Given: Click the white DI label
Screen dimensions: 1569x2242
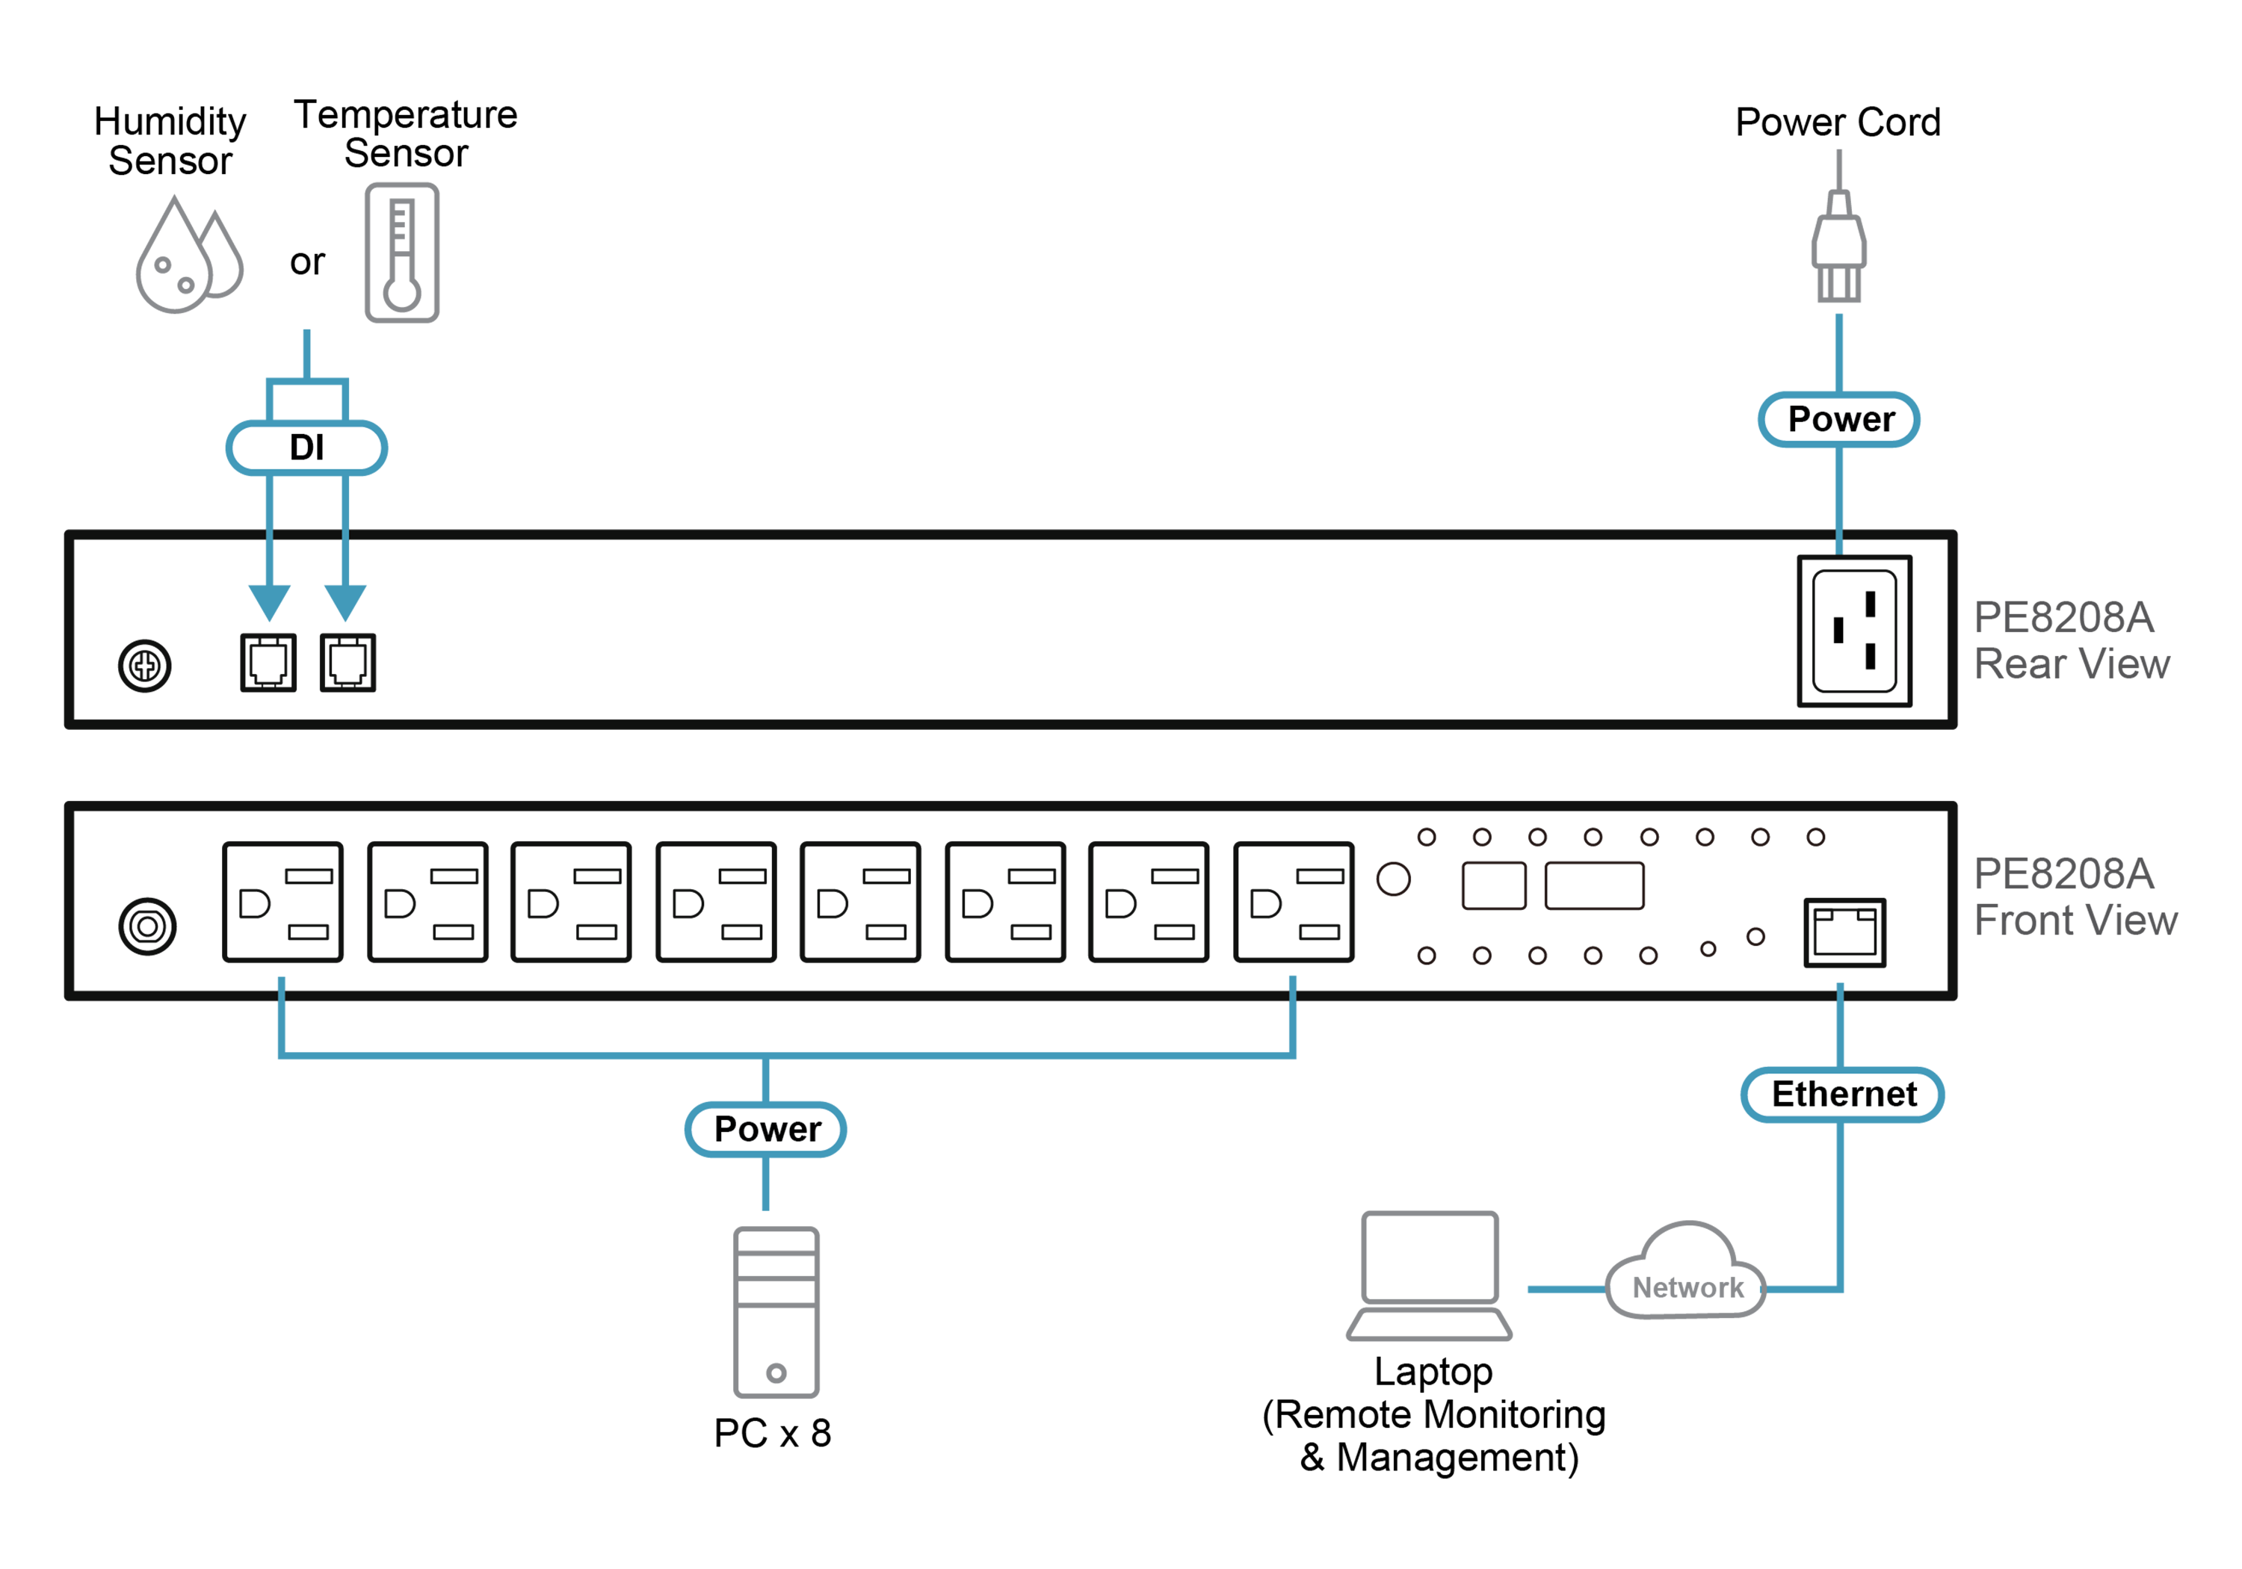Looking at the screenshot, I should click(x=306, y=448).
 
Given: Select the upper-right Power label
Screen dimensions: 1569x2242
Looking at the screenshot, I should click(x=1838, y=420).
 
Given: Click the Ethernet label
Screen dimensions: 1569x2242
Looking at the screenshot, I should click(x=1841, y=1095).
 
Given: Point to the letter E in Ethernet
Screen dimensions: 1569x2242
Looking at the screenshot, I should click(x=1783, y=1095).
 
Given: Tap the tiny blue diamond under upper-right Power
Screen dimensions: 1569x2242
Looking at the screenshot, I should click(x=1838, y=548).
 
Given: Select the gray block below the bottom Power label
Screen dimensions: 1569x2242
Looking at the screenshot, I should click(x=776, y=1308).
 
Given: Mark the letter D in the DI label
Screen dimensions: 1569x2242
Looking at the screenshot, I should click(x=299, y=448).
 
